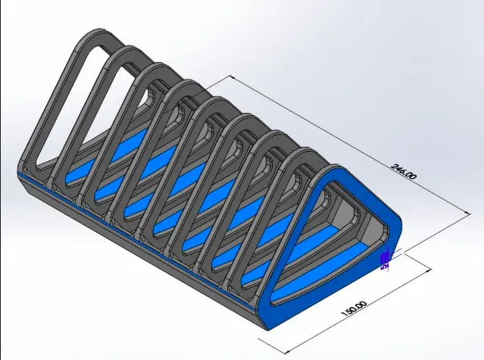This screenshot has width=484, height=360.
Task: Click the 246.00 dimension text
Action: (403, 171)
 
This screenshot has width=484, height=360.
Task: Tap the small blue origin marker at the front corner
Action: (385, 260)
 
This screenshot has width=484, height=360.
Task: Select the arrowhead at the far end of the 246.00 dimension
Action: (233, 77)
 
